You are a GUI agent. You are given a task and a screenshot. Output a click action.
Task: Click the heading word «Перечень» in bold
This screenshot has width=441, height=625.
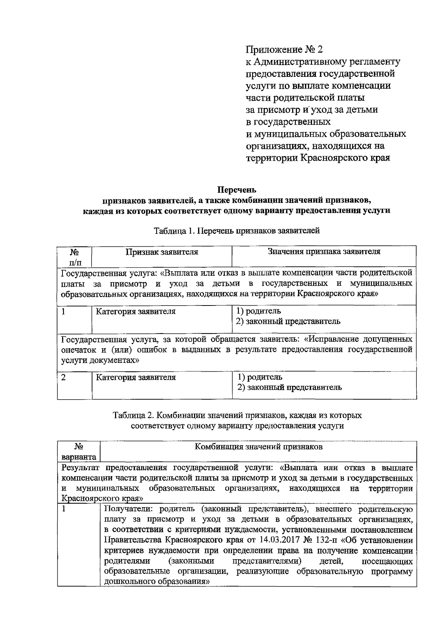coord(237,190)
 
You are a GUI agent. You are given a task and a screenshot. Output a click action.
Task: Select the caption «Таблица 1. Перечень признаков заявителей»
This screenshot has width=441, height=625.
coord(237,231)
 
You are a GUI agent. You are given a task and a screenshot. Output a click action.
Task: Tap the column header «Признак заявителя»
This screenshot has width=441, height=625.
coord(162,252)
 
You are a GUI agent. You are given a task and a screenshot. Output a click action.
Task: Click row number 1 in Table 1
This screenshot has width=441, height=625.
coord(64,311)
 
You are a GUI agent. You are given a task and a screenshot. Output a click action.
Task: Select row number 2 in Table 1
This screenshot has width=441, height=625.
coord(64,377)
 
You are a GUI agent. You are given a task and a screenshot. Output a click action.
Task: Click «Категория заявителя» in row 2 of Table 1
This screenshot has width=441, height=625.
coord(136,377)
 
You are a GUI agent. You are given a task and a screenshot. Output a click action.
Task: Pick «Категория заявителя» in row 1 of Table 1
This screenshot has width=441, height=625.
coord(136,311)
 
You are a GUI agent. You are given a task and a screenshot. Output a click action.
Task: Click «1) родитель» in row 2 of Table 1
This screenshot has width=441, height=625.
coord(259,377)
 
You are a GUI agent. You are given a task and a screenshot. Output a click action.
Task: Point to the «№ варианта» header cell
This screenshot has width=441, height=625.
coord(79,452)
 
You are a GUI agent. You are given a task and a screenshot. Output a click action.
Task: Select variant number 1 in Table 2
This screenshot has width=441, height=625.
coord(64,509)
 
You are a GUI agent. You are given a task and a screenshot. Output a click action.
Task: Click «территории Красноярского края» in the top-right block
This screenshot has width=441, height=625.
coord(318,158)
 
